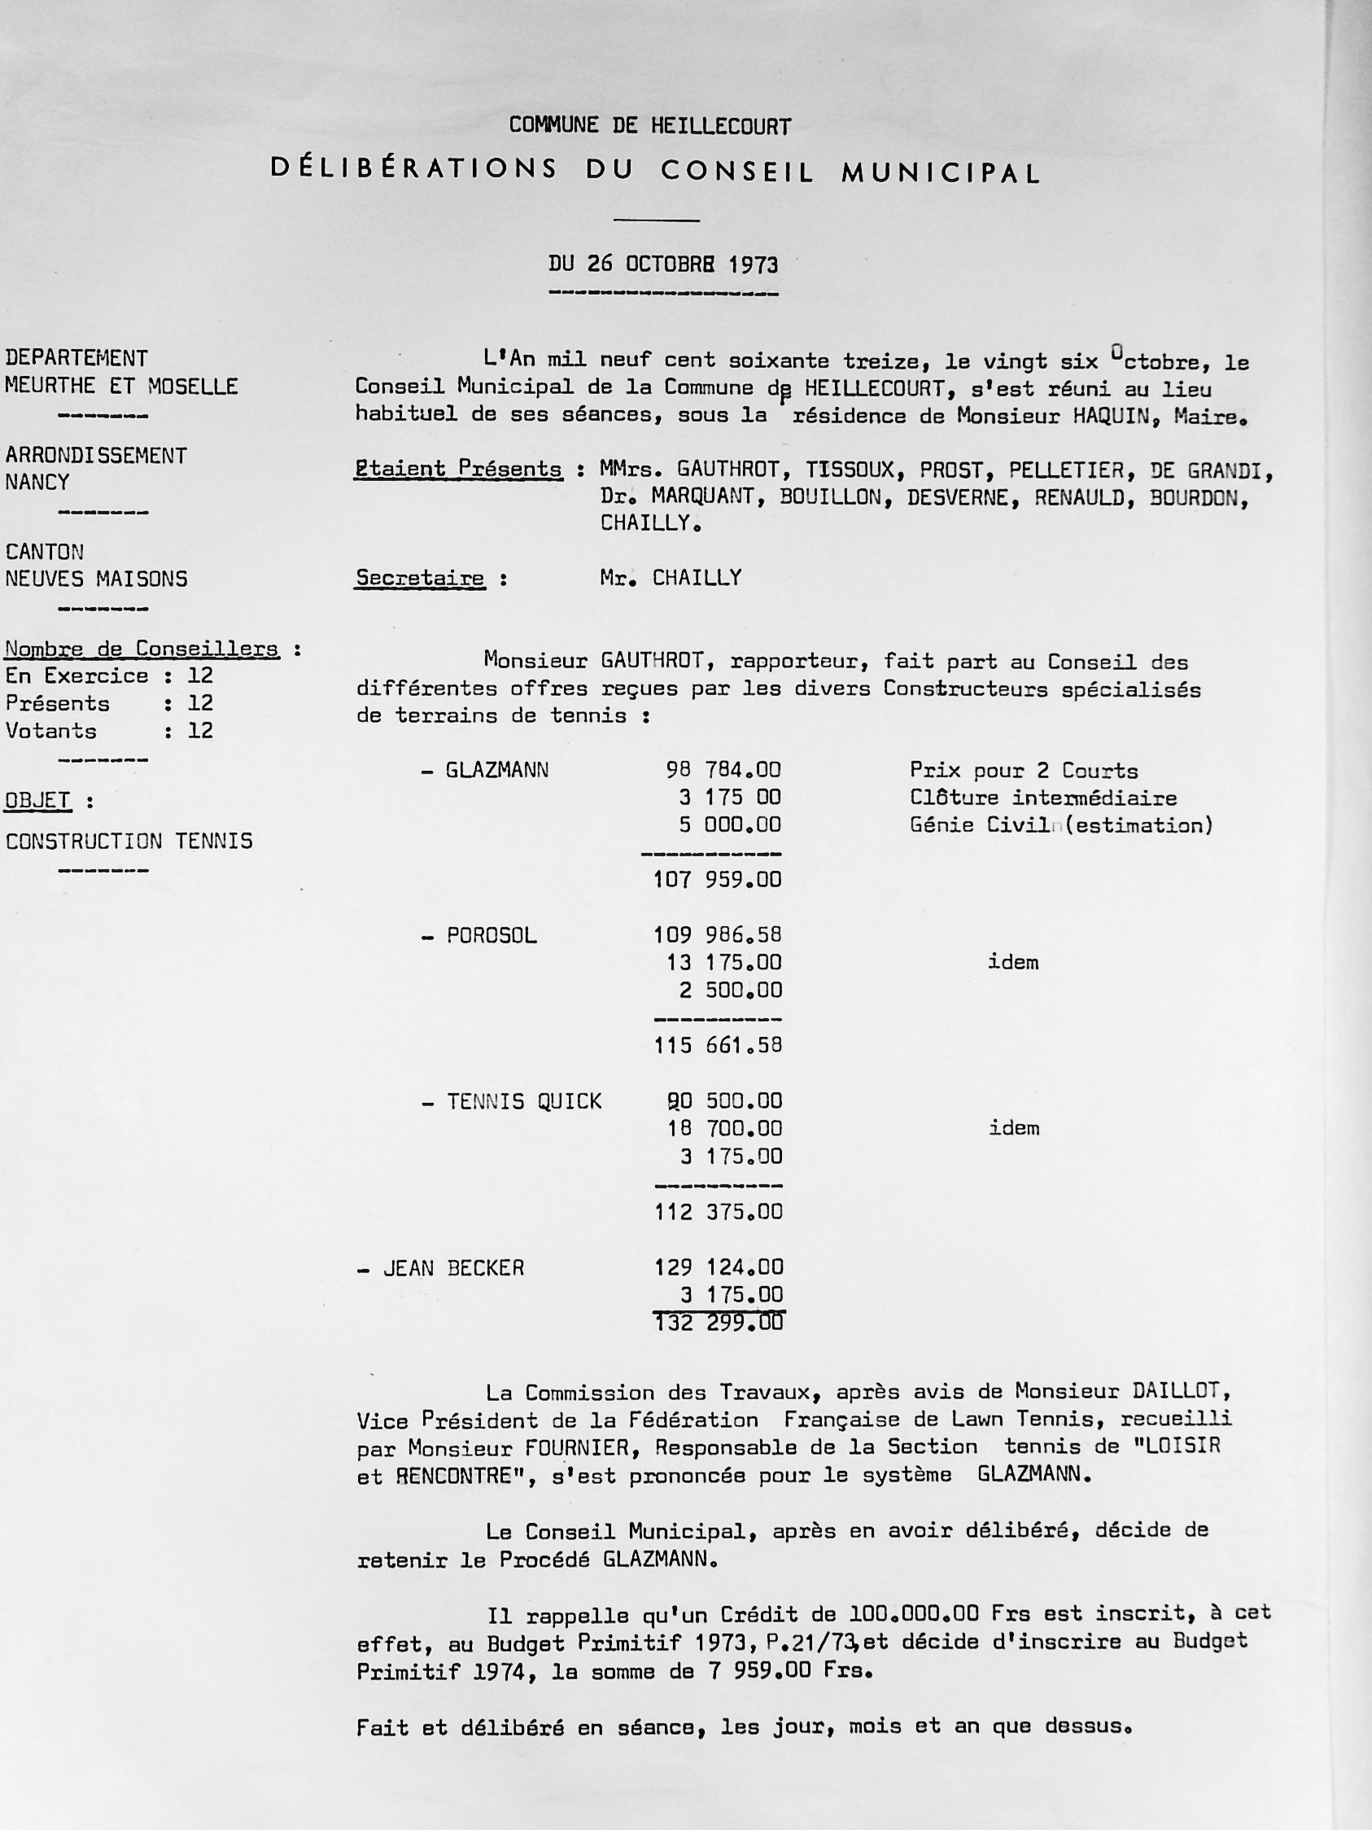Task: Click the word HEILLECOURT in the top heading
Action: click(720, 126)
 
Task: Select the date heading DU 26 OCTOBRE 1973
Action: click(662, 265)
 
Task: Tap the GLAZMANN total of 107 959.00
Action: click(717, 879)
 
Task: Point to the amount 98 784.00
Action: click(723, 770)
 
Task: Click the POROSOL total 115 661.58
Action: click(717, 1046)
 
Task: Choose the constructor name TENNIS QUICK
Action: click(524, 1102)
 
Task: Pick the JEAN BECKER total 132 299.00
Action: click(717, 1322)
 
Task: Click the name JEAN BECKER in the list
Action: click(453, 1268)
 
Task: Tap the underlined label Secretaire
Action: click(420, 578)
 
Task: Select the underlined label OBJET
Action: click(38, 801)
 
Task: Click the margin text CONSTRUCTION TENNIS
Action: click(129, 842)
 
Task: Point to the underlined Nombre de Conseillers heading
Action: click(142, 650)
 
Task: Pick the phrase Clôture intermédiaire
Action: click(1042, 799)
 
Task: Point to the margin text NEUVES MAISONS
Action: click(96, 579)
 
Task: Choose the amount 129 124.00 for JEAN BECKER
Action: click(717, 1267)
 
